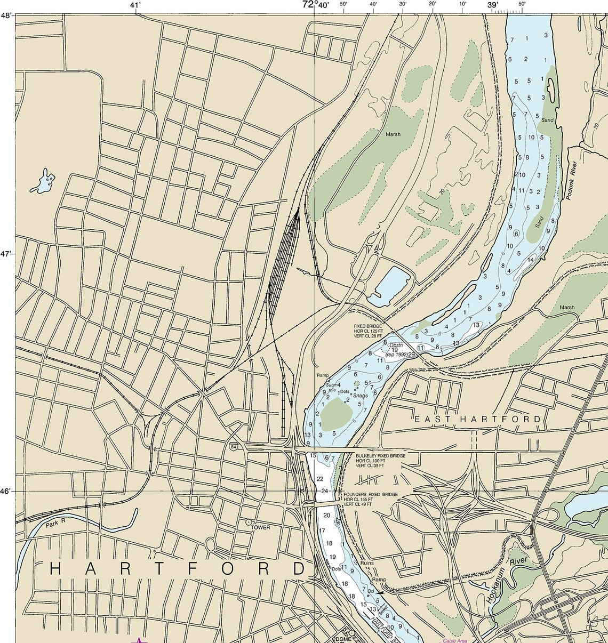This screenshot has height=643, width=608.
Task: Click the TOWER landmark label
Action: click(x=261, y=527)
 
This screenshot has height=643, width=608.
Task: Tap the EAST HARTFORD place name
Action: click(x=478, y=420)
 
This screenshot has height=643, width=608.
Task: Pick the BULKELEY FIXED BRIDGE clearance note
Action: click(x=380, y=461)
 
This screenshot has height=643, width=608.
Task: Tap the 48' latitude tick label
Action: click(x=6, y=16)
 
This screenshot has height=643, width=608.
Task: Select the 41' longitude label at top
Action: click(x=135, y=5)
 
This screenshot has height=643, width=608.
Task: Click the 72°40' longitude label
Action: click(x=316, y=5)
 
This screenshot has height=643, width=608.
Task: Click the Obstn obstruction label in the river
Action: click(x=396, y=345)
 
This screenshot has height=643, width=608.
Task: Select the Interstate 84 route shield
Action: click(x=234, y=446)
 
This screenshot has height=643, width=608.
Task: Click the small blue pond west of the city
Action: click(x=43, y=182)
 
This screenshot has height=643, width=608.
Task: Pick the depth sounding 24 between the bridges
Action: click(x=325, y=491)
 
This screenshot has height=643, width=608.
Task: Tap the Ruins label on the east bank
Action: click(x=366, y=563)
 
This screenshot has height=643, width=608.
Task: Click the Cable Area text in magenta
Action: click(x=454, y=640)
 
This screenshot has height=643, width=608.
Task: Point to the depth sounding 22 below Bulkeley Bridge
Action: click(x=320, y=479)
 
